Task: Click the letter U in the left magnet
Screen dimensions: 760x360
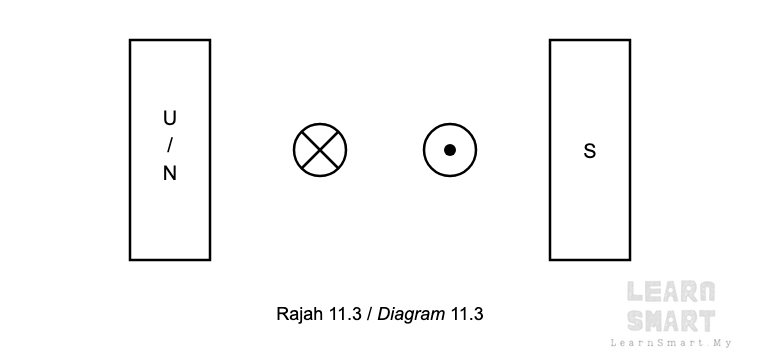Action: coord(170,118)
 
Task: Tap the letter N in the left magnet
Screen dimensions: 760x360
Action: coord(170,173)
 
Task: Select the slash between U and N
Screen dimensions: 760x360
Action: coord(170,145)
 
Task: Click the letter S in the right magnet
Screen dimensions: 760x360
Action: coord(589,151)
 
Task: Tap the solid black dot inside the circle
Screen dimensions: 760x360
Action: coord(450,150)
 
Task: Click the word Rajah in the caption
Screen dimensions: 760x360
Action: coord(299,314)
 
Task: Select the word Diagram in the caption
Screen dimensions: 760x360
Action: coord(411,315)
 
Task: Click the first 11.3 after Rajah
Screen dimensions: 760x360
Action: coord(346,314)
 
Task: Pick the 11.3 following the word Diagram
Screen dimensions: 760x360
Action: coord(467,314)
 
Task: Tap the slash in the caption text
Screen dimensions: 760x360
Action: coord(369,314)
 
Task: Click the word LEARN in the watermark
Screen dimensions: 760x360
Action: coord(671,292)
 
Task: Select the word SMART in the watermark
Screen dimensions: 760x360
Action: coord(671,320)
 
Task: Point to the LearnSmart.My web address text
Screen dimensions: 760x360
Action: coord(671,343)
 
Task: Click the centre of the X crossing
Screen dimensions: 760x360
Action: coord(320,150)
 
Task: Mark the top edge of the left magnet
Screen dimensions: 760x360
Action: coord(170,40)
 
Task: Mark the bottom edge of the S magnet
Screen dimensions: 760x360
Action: coord(590,260)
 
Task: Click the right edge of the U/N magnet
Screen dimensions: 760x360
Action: coord(210,150)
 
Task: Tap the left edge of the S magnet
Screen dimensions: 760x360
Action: coord(550,150)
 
